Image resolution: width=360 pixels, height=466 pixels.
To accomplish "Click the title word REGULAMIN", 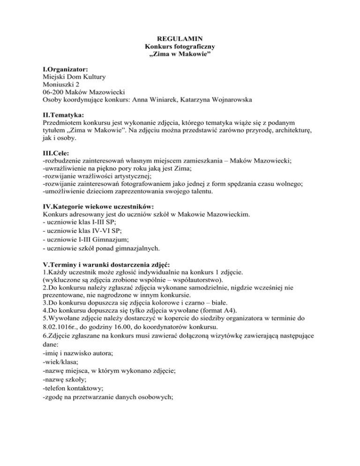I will point(180,37).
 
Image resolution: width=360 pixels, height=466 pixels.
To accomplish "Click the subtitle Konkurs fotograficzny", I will point(180,45).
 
